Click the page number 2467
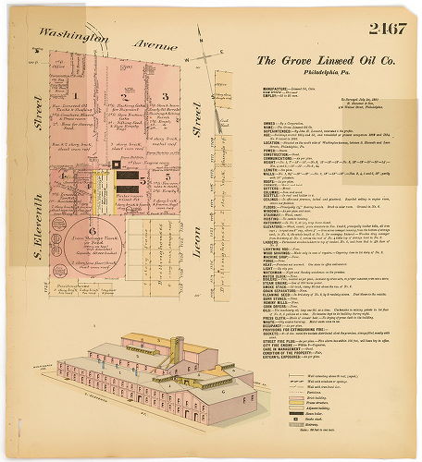coord(384,30)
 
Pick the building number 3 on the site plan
coord(164,95)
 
